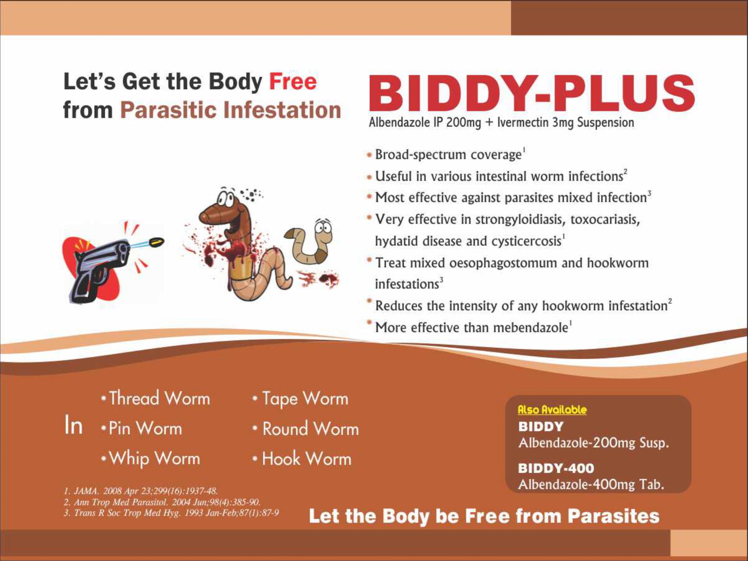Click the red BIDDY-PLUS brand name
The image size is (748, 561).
click(x=531, y=94)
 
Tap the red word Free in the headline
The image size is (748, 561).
click(x=293, y=81)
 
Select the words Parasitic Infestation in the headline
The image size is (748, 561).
click(x=231, y=110)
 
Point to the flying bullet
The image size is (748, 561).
click(x=156, y=242)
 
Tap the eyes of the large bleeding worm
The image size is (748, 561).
click(x=225, y=198)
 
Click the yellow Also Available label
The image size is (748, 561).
click(x=552, y=410)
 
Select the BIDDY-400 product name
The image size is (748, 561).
click(x=556, y=468)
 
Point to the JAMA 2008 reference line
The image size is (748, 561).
click(x=141, y=491)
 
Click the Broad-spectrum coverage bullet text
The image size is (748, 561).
click(x=448, y=155)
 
